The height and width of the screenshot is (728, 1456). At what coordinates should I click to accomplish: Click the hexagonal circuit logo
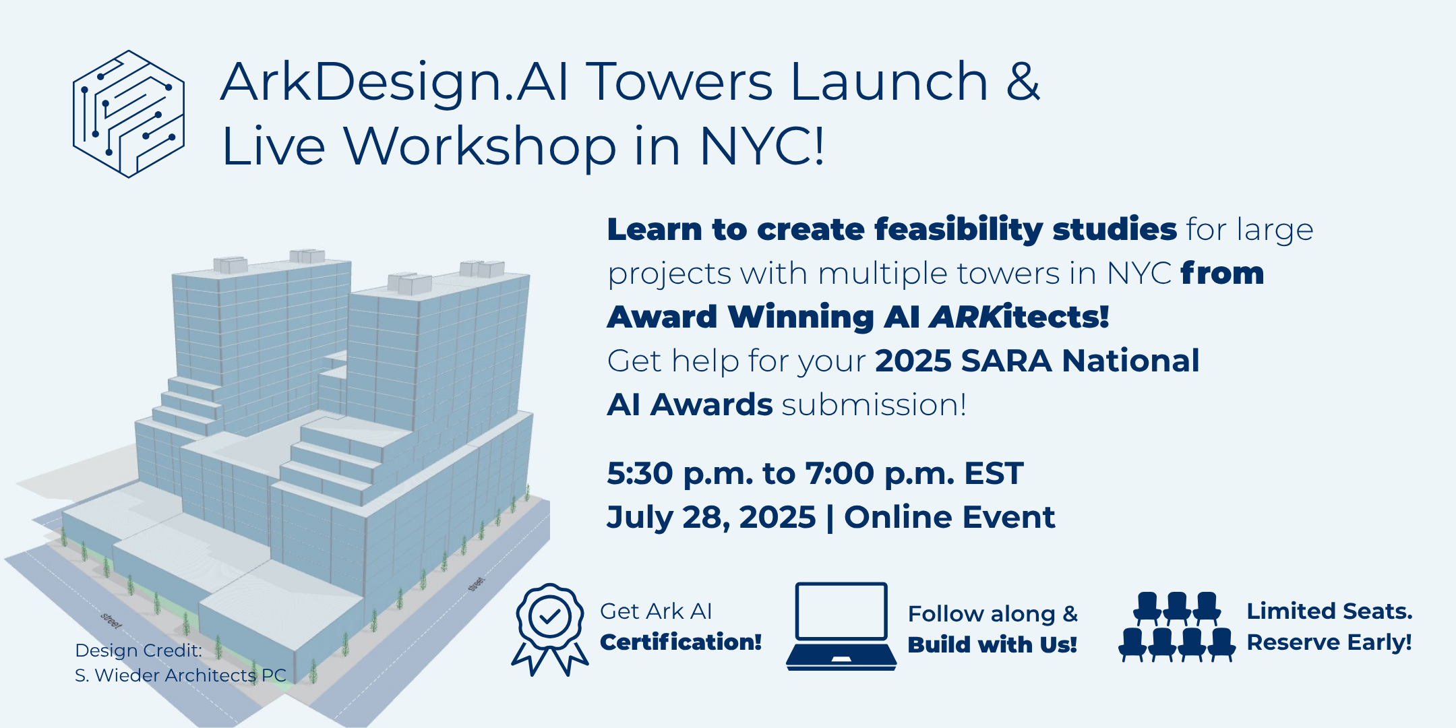pos(128,114)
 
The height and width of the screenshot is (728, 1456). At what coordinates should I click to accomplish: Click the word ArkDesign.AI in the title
pos(396,82)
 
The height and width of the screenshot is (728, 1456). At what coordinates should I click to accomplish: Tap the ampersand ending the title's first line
pos(1023,82)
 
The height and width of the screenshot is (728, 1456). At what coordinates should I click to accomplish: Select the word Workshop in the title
pos(480,146)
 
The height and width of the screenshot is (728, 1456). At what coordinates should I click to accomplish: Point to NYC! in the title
pos(762,146)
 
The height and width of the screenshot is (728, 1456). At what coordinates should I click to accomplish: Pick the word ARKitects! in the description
pos(1019,317)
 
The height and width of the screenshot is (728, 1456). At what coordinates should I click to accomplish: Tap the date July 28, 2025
pos(711,518)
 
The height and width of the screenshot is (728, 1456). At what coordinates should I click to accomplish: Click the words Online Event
pos(949,517)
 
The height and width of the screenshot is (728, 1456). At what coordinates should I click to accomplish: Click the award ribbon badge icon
pos(550,629)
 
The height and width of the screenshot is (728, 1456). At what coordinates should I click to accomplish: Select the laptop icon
pos(841,626)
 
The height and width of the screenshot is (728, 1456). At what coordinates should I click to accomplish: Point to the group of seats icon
pos(1177,626)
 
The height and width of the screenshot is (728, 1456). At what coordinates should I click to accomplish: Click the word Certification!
pos(681,642)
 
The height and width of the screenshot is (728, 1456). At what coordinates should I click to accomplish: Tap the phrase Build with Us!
pos(992,644)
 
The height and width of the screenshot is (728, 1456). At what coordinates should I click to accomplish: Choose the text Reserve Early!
pos(1329,642)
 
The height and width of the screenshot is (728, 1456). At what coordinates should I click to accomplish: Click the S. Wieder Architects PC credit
pos(181,675)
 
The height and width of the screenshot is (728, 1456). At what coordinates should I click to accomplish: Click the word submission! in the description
pos(874,405)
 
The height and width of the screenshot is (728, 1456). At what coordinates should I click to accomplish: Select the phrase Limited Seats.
pos(1329,611)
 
